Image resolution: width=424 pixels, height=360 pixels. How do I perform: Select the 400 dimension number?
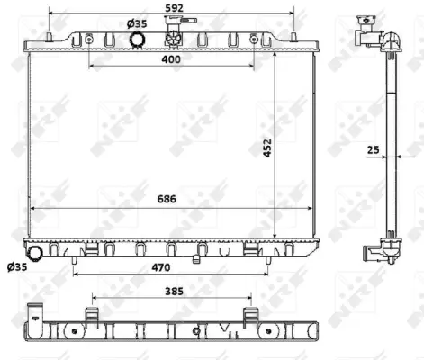[x=171, y=59]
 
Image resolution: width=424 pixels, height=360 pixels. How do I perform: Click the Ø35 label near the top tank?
[x=137, y=22]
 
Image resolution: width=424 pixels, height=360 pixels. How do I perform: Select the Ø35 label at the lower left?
[x=16, y=266]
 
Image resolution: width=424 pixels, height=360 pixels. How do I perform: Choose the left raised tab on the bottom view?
[x=92, y=315]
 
